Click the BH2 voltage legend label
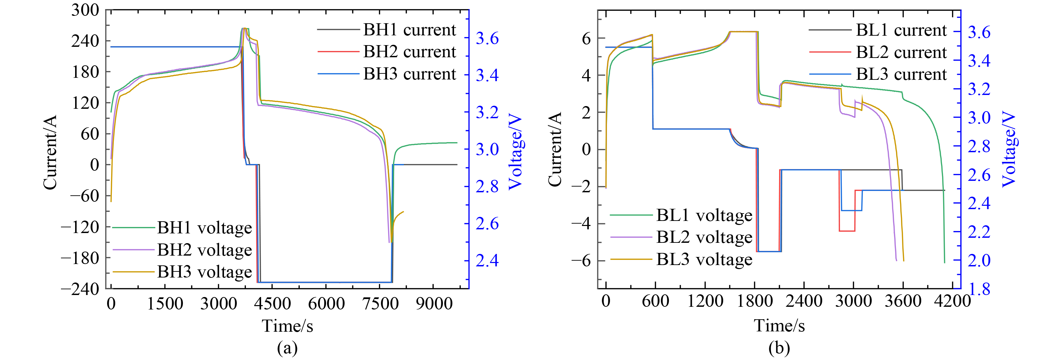pyautogui.click(x=204, y=250)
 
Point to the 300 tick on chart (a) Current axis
pyautogui.click(x=85, y=10)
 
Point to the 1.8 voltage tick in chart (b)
pyautogui.click(x=979, y=290)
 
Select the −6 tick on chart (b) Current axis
pyautogui.click(x=581, y=261)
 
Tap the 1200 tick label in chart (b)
pyautogui.click(x=705, y=301)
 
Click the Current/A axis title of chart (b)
pyautogui.click(x=554, y=149)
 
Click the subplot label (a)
pyautogui.click(x=288, y=349)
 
